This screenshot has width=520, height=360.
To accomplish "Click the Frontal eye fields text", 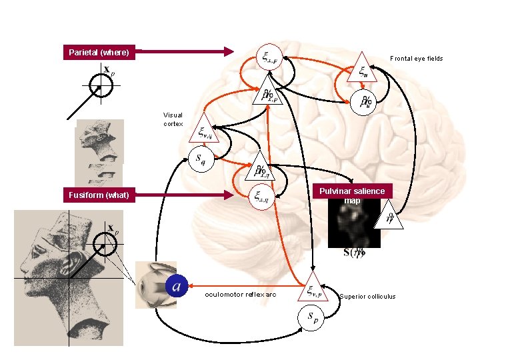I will [x=416, y=59].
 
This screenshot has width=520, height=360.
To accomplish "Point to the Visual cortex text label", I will [x=173, y=119].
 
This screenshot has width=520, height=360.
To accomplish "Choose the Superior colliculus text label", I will [x=367, y=297].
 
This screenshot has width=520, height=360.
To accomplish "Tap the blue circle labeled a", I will [x=176, y=285].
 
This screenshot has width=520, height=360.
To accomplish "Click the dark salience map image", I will [x=353, y=223].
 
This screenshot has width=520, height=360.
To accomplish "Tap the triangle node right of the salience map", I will [x=390, y=217].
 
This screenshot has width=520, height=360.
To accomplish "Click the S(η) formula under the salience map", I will [x=353, y=253].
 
